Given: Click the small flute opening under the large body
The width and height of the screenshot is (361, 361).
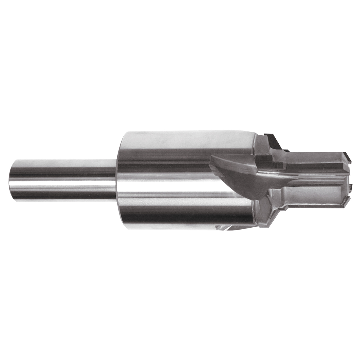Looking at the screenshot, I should coord(226,227).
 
